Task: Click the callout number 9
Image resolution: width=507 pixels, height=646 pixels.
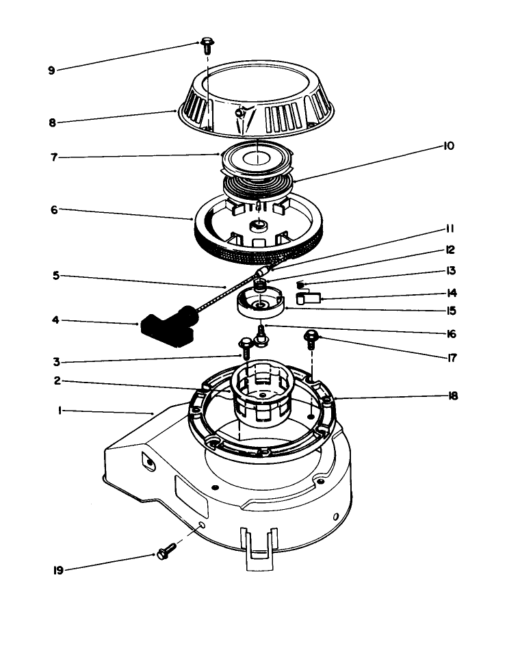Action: [51, 70]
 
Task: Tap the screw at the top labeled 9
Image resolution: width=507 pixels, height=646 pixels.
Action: [206, 46]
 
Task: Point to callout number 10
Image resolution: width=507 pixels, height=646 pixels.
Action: [448, 146]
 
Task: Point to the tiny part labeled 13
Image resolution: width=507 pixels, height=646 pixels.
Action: [300, 284]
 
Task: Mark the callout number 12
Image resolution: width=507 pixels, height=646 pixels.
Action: [450, 250]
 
